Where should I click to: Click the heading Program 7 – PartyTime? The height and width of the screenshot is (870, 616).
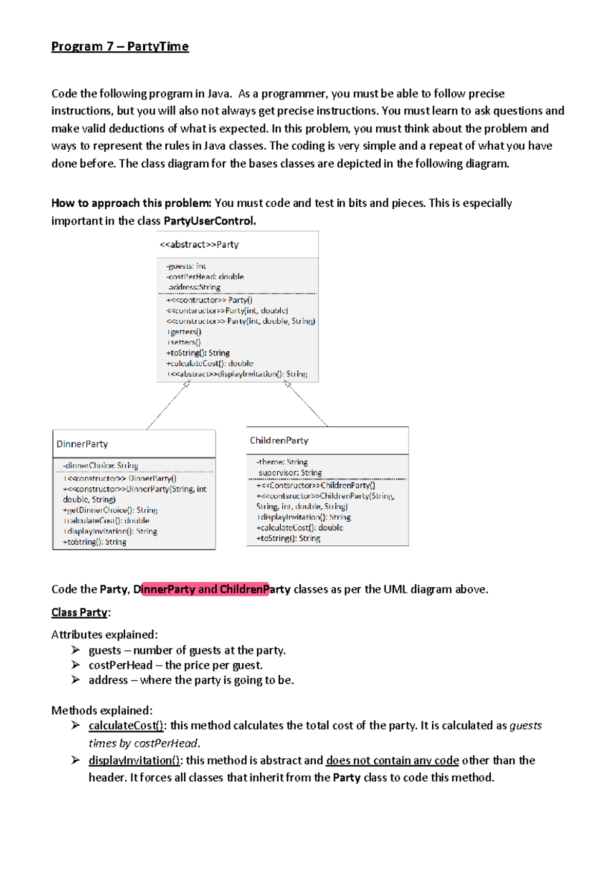[x=120, y=47]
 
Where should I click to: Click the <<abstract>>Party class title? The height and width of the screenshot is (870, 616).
[x=199, y=245]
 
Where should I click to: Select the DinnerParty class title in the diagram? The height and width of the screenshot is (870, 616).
[x=82, y=444]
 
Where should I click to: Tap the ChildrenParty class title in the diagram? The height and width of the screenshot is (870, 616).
[x=279, y=441]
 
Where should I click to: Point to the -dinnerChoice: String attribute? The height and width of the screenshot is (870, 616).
[x=101, y=466]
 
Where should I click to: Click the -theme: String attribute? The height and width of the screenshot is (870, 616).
[x=282, y=462]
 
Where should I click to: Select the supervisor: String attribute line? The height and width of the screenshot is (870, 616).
[x=290, y=473]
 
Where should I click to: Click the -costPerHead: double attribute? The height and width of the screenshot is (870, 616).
[x=205, y=276]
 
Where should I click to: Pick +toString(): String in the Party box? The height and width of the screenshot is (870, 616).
[x=198, y=353]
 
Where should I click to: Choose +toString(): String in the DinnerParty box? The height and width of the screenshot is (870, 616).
[x=94, y=542]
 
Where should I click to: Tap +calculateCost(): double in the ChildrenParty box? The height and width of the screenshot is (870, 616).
[x=299, y=528]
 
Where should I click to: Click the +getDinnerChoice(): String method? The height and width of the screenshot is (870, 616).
[x=110, y=510]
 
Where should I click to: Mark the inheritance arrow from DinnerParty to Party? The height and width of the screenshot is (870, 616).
[x=167, y=406]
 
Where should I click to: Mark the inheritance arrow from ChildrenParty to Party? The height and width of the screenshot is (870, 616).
[x=307, y=405]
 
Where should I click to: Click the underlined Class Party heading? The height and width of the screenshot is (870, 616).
[x=80, y=612]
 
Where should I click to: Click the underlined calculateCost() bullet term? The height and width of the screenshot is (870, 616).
[x=126, y=726]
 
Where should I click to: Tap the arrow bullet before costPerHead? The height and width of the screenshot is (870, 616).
[x=75, y=665]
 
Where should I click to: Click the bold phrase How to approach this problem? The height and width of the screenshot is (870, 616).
[x=131, y=203]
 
